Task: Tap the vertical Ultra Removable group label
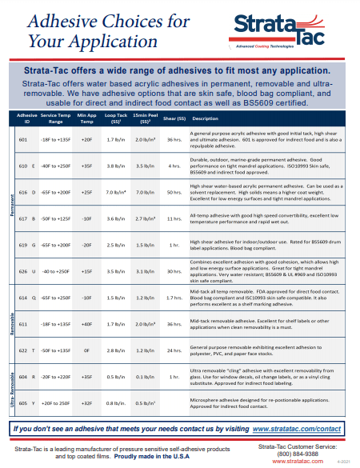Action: (x=11, y=388)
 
